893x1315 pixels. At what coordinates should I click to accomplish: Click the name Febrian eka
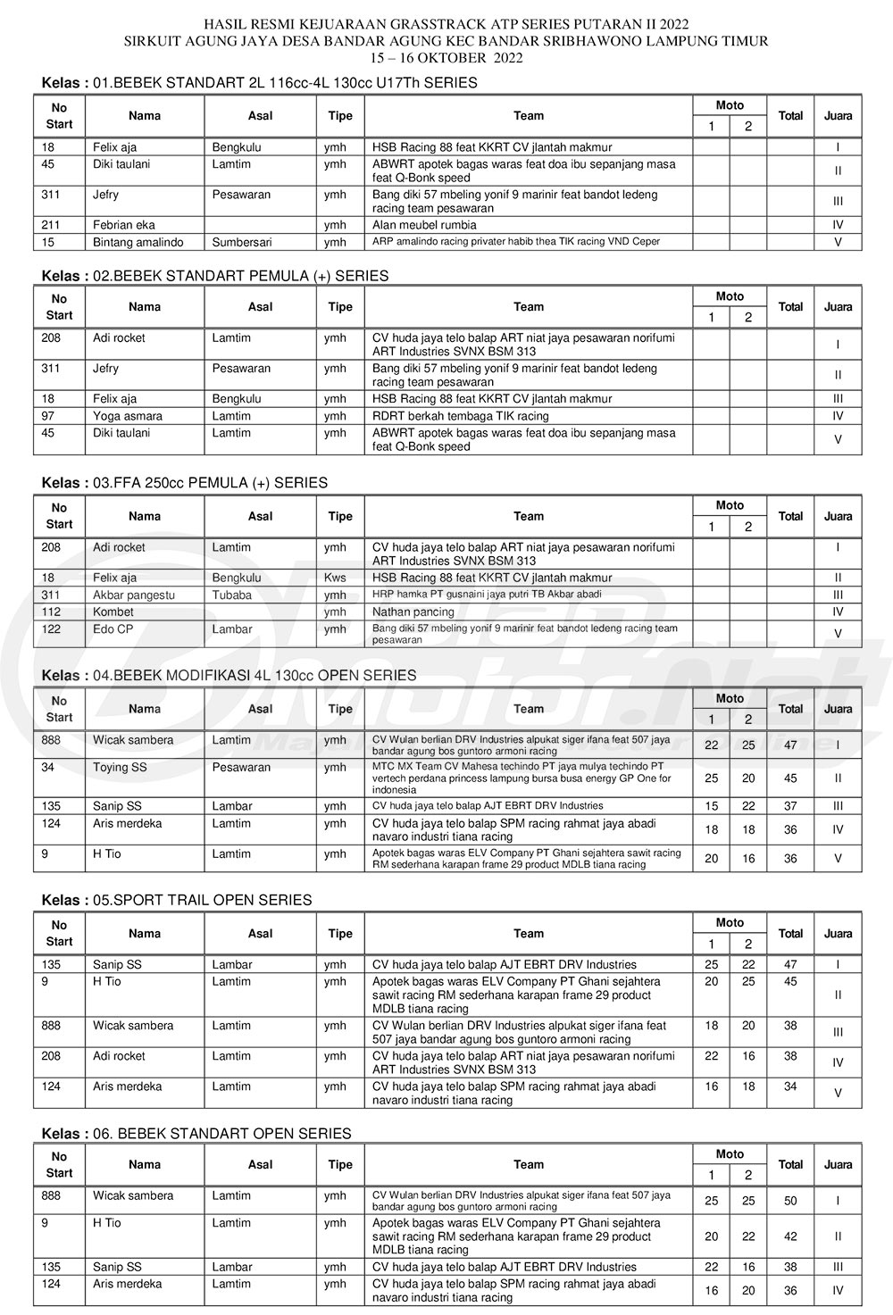(x=124, y=226)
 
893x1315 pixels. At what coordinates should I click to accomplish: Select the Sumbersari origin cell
(x=242, y=243)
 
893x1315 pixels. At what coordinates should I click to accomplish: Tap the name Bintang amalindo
(x=138, y=243)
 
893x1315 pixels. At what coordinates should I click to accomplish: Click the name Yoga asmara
(x=128, y=416)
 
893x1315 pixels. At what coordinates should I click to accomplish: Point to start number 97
(x=49, y=416)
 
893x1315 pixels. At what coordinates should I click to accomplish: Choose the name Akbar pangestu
(x=134, y=595)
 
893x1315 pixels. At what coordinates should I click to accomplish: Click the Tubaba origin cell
(x=232, y=595)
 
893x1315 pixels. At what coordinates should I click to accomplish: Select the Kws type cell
(x=335, y=578)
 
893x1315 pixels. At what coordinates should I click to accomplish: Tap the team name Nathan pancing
(x=413, y=612)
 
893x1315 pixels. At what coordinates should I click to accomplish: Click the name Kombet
(x=113, y=612)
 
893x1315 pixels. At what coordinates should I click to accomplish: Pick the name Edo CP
(x=113, y=629)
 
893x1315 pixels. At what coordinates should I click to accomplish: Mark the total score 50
(x=790, y=1202)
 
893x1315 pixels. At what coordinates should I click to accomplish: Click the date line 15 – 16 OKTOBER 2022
(x=446, y=58)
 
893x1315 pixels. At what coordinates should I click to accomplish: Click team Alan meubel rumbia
(x=424, y=226)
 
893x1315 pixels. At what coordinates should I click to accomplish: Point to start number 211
(x=52, y=226)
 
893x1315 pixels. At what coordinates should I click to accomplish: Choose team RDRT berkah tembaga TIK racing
(x=461, y=416)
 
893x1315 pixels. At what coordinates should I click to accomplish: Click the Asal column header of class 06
(x=261, y=1164)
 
